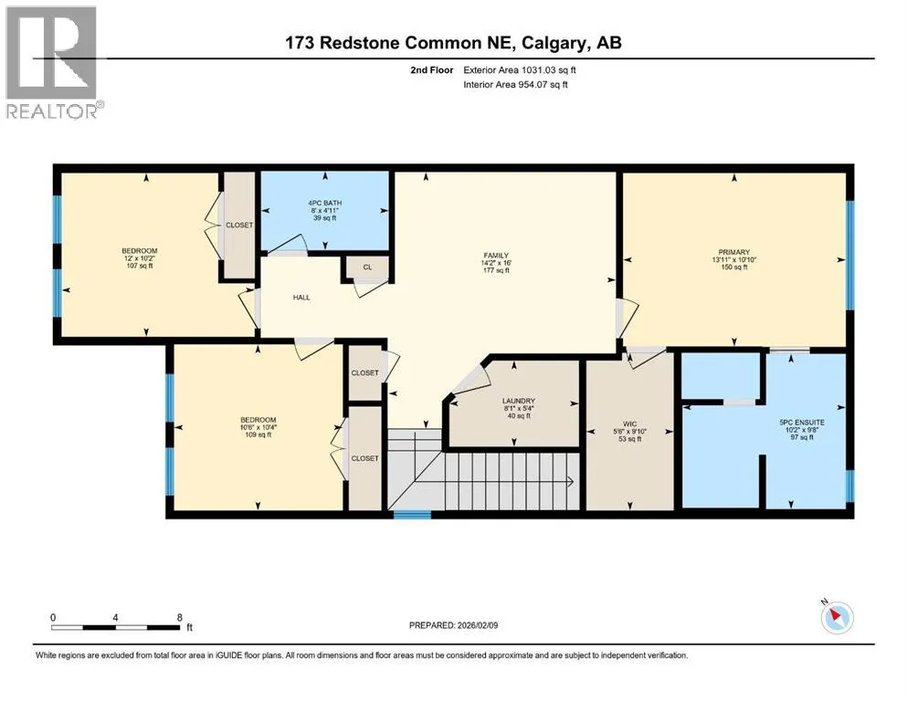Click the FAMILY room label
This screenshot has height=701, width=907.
[x=496, y=256]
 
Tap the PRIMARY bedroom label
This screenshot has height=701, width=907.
[x=734, y=252]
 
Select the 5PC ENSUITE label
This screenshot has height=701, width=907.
[x=802, y=423]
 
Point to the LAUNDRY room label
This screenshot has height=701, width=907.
[x=519, y=401]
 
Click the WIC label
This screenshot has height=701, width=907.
[x=630, y=424]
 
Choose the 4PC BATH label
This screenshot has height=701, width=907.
[x=324, y=203]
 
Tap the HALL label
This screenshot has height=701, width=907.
[x=301, y=298]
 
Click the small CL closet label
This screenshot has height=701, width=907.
[x=367, y=267]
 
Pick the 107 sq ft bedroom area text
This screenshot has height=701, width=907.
[x=140, y=266]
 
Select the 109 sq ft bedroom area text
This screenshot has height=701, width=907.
[x=258, y=434]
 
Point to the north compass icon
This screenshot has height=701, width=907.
[x=837, y=617]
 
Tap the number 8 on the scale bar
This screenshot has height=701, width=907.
[x=180, y=617]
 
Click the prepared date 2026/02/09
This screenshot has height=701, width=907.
[x=477, y=625]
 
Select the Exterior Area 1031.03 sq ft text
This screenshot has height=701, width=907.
[x=520, y=70]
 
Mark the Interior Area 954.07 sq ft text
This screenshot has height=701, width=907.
[x=515, y=84]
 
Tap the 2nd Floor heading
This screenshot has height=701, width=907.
[x=432, y=70]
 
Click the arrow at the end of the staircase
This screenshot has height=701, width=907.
[x=570, y=481]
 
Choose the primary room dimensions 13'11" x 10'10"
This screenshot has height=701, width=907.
[x=734, y=260]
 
